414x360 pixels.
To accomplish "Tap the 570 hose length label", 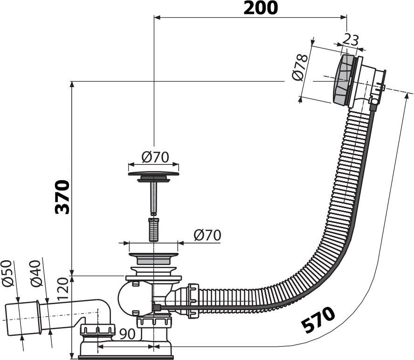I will click(318, 320).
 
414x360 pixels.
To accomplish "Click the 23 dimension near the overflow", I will click(350, 40).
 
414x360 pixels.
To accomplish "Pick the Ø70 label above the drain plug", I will click(154, 157).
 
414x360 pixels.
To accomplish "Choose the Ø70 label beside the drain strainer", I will click(207, 235).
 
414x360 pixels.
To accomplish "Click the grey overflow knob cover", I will click(344, 81).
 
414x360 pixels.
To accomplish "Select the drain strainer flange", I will click(153, 256).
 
